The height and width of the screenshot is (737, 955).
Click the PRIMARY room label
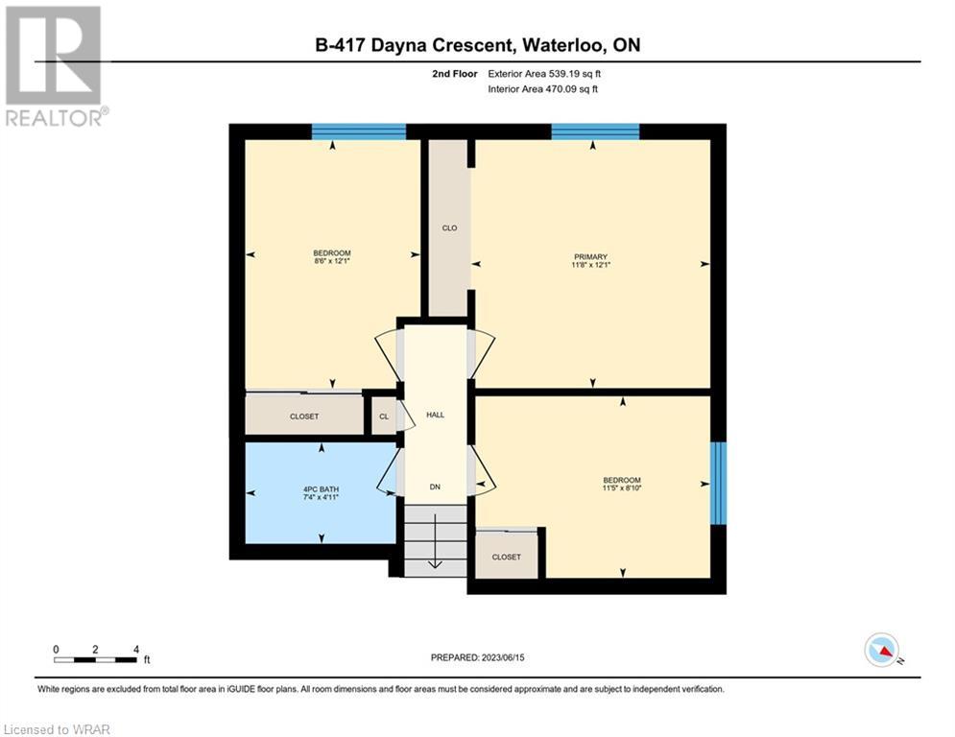pyautogui.click(x=590, y=257)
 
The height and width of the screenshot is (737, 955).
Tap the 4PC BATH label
pyautogui.click(x=321, y=489)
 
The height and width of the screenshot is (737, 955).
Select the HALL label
pyautogui.click(x=435, y=415)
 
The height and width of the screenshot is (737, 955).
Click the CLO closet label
pyautogui.click(x=449, y=227)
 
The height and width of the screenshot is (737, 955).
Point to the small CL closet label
pyautogui.click(x=384, y=416)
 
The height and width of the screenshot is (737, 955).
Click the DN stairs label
pyautogui.click(x=435, y=487)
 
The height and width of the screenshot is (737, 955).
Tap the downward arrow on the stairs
pyautogui.click(x=435, y=541)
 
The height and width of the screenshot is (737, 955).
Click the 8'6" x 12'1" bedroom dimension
pyautogui.click(x=332, y=261)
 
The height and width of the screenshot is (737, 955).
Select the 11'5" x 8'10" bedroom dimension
pyautogui.click(x=622, y=487)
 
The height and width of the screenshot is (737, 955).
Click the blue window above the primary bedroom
pyautogui.click(x=595, y=131)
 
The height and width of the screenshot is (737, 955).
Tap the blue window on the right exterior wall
pyautogui.click(x=719, y=483)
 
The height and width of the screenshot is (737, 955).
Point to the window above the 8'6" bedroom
pyautogui.click(x=359, y=131)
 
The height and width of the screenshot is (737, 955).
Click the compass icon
pyautogui.click(x=882, y=650)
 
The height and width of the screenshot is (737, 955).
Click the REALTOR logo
pyautogui.click(x=54, y=66)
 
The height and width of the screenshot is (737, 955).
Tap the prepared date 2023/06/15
pyautogui.click(x=503, y=657)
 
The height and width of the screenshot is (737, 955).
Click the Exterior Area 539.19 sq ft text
pyautogui.click(x=544, y=74)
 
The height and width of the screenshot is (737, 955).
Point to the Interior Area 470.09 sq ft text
pyautogui.click(x=542, y=89)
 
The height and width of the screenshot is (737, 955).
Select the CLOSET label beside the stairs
pyautogui.click(x=506, y=558)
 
